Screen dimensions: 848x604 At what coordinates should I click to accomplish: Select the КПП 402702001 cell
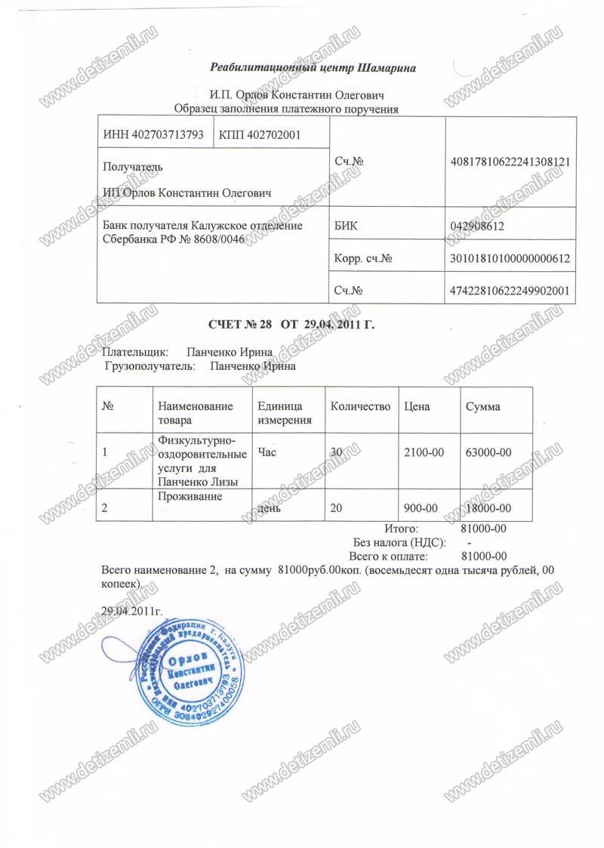click(259, 135)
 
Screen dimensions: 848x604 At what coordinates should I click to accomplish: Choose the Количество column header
click(360, 406)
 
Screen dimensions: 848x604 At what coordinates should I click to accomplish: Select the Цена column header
click(418, 406)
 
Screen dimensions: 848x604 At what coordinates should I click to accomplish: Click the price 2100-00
click(424, 452)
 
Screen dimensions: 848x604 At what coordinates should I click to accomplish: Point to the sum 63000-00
click(488, 452)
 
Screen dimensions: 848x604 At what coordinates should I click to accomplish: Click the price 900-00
click(422, 508)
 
